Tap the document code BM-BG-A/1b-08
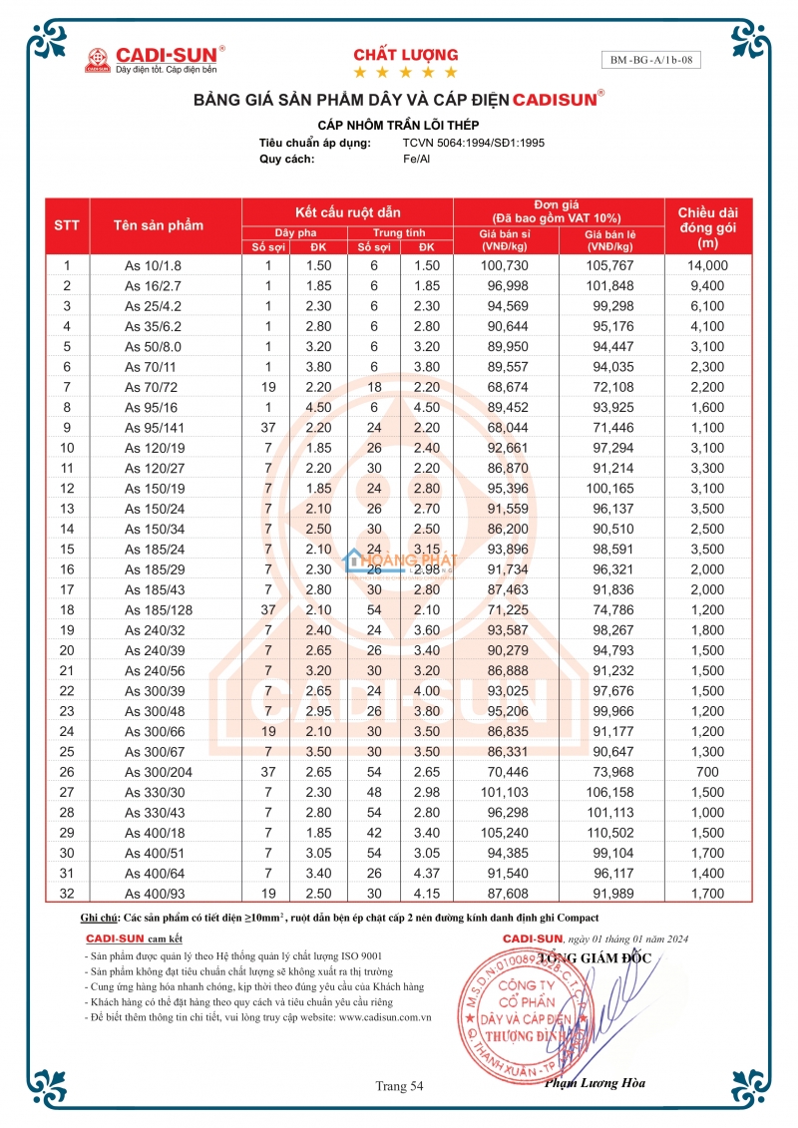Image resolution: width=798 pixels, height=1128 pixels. click(651, 60)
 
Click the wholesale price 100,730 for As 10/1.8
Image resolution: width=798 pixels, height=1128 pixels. click(503, 265)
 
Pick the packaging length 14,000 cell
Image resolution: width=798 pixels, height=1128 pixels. click(708, 265)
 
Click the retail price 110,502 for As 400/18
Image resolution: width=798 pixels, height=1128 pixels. click(612, 833)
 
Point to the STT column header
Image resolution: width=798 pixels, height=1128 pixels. click(67, 225)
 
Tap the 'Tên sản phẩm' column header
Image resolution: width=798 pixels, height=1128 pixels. click(159, 225)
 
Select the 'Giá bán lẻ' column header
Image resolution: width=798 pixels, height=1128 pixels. click(610, 239)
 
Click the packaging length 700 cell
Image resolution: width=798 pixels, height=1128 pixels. click(708, 771)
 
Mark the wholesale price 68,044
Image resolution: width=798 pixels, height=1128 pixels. click(503, 428)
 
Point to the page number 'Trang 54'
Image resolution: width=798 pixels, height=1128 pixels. click(399, 1085)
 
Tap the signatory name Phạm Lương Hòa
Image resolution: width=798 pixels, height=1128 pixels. click(595, 1083)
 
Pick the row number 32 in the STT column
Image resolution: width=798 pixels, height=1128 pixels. click(67, 894)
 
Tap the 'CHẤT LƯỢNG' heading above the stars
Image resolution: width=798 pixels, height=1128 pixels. click(406, 55)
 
